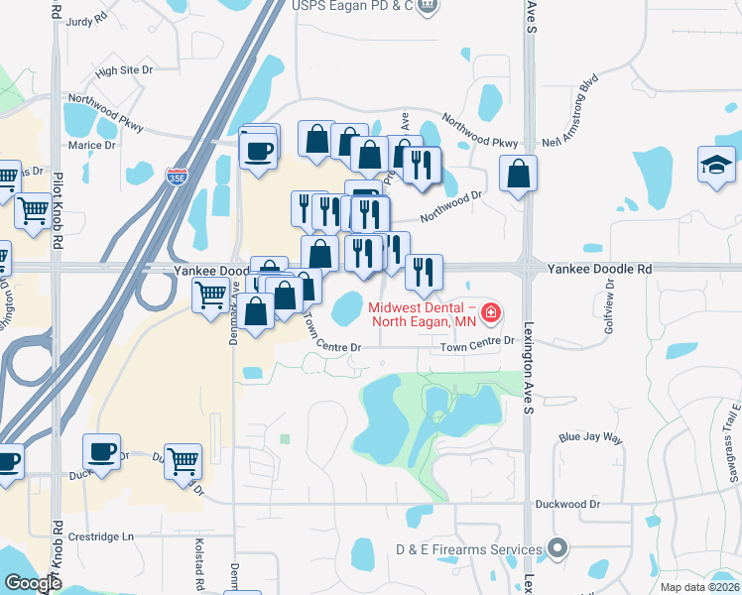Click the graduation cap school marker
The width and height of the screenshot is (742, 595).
pos(716,164)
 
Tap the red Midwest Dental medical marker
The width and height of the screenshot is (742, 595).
pos(489,315)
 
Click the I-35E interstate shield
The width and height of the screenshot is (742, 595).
pos(177,177)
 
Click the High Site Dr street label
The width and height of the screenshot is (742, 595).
pos(124,70)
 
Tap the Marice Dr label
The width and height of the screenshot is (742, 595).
pos(92,145)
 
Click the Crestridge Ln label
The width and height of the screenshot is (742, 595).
pos(99,536)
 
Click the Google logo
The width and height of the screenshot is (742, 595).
pos(32,584)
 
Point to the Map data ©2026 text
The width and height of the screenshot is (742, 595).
pos(699,587)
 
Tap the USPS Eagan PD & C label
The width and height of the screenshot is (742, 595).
pos(351,6)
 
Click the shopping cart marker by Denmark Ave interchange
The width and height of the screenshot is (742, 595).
pos(210,295)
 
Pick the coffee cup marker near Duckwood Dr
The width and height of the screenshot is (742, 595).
pos(101,451)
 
